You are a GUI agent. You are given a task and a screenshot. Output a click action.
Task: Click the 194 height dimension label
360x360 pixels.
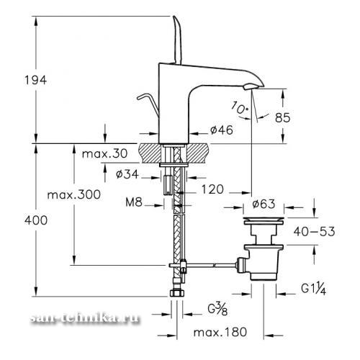coord(36,80)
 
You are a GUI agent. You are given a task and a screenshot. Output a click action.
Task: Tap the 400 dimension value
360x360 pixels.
coord(36,220)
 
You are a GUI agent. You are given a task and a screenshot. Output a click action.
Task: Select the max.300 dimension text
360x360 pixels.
coord(74,194)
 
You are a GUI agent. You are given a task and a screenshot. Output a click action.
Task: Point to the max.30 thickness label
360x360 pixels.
coord(104,153)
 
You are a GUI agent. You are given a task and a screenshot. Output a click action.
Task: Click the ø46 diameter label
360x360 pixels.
coord(222,130)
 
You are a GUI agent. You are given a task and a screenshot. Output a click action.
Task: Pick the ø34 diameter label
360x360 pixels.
coord(127,174)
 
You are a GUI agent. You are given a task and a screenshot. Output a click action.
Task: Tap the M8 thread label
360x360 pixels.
coord(134,202)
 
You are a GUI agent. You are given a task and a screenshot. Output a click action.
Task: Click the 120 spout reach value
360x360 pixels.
coord(212,189)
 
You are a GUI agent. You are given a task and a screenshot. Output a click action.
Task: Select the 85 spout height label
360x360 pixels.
coord(283,117)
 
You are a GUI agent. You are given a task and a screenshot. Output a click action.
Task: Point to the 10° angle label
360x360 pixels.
coord(240,108)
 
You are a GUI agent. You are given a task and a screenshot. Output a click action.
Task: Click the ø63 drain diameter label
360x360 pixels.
coord(264,204)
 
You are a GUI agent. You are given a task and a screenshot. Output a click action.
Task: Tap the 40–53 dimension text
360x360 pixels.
coord(314,232)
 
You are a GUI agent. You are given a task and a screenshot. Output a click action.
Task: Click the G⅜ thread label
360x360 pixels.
coord(217,309)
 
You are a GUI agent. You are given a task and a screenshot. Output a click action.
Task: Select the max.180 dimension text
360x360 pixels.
coord(220,333)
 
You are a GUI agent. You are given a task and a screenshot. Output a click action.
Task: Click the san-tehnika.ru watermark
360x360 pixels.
coord(85,318)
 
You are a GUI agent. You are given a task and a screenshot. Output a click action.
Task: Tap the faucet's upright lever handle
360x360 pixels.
coord(176,40)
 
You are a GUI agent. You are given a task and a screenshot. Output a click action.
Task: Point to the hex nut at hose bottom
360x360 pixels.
coord(177,293)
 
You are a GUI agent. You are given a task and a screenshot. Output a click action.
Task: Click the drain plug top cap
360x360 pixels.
coord(264,221)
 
